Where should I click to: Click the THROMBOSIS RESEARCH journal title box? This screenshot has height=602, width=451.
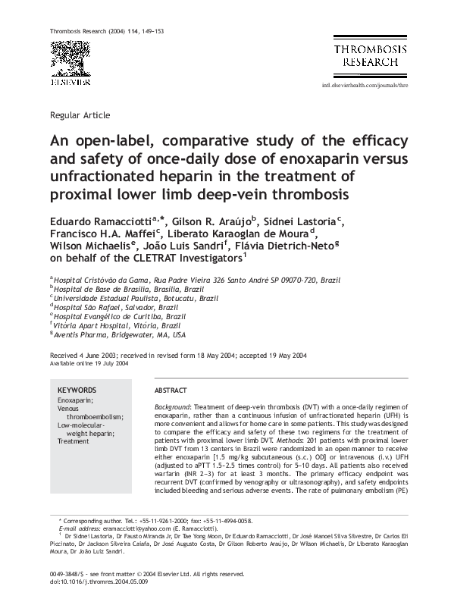[x=371, y=55]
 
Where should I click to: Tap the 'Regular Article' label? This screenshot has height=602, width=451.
[x=79, y=115]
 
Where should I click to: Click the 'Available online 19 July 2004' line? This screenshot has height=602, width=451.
[x=89, y=363]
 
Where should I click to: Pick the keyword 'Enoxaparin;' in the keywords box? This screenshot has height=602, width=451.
[x=75, y=400]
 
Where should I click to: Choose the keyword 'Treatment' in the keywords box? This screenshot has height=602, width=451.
[x=73, y=441]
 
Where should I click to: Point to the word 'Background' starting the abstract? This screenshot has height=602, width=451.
[x=174, y=407]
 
